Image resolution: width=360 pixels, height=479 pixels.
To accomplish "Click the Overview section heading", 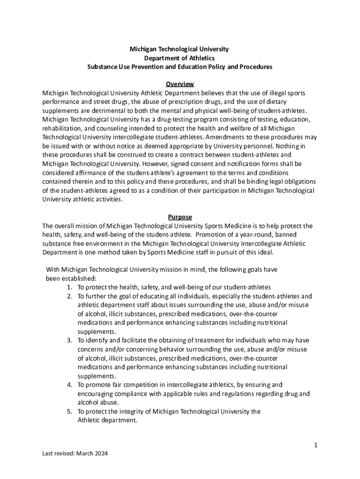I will pos(180,84).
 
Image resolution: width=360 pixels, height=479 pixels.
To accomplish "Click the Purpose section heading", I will pos(180,217).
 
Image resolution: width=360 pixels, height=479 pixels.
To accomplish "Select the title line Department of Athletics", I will pos(180,58).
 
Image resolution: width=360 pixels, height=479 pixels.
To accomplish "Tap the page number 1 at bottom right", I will pos(316,445).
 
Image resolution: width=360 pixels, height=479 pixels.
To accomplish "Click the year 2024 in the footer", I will pos(104,453).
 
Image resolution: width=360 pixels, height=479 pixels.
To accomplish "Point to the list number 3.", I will pos(69,341).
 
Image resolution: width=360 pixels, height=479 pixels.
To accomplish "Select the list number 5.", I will pos(69,412).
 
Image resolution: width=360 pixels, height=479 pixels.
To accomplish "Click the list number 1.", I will pos(69,287).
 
